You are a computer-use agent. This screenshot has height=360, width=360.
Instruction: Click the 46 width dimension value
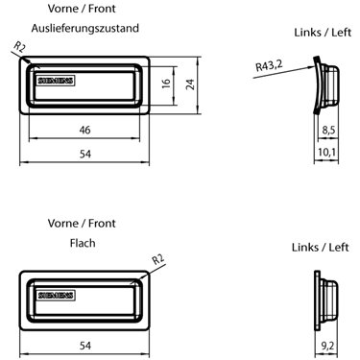[84, 130]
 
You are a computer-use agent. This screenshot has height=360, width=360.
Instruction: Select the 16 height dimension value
[166, 84]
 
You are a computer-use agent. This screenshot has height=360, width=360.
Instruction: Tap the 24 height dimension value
[190, 84]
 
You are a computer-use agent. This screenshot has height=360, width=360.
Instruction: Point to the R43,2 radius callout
[269, 66]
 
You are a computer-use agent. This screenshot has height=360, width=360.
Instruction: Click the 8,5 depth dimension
[328, 130]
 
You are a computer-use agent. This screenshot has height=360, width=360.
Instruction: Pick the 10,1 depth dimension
[326, 152]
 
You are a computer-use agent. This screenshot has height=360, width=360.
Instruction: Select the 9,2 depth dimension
[327, 346]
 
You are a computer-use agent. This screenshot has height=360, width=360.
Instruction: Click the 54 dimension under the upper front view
[85, 155]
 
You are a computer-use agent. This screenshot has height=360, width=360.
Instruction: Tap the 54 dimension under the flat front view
[85, 346]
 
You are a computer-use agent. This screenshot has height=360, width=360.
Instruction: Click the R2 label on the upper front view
[19, 47]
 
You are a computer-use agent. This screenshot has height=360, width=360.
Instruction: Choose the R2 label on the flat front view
[158, 259]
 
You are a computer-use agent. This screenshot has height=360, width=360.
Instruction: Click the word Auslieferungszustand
[85, 28]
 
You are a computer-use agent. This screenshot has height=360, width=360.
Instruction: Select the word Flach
[83, 243]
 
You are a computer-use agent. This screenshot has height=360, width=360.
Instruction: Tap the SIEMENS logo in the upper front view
[56, 81]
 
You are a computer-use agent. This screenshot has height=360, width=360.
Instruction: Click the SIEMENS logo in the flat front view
[56, 296]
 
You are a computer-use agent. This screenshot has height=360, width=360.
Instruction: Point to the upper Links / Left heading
[323, 33]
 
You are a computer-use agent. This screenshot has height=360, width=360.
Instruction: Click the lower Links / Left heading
[320, 248]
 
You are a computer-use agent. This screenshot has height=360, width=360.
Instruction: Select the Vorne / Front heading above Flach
[82, 223]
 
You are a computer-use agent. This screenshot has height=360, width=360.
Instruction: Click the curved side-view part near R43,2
[325, 84]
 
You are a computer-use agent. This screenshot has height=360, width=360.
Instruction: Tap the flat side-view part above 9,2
[326, 300]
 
